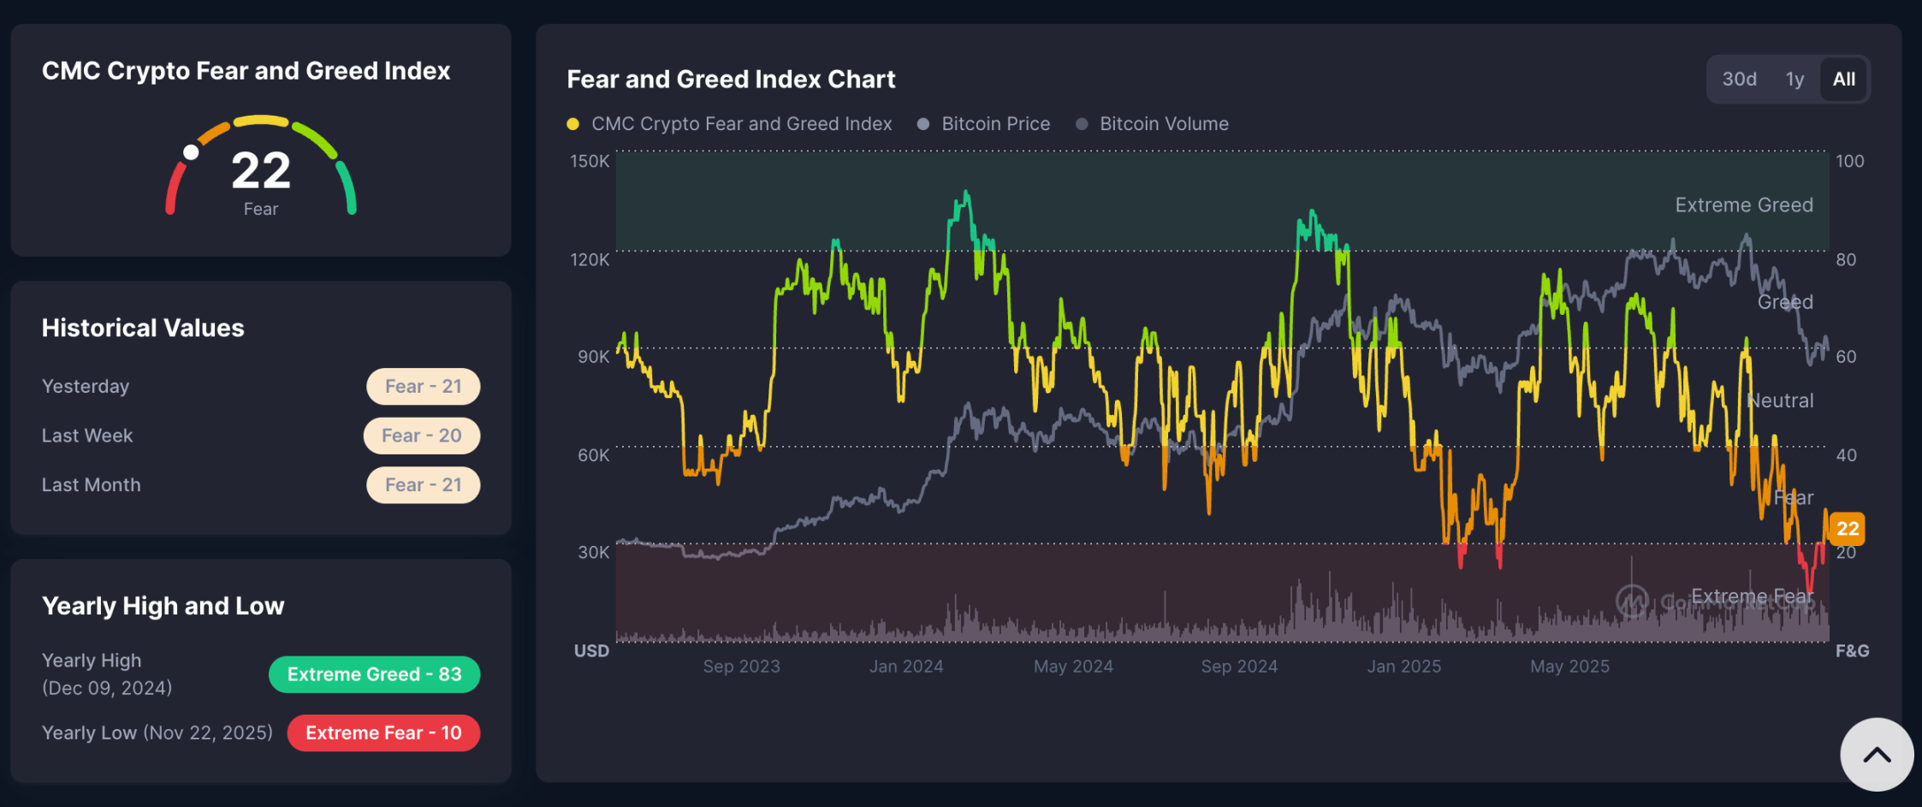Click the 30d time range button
coord(1739,80)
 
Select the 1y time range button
coord(1794,80)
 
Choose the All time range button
coord(1844,80)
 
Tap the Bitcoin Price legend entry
coord(995,124)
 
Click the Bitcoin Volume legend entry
coord(1163,124)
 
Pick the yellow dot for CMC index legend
coord(573,124)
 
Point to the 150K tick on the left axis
coord(590,161)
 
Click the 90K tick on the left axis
coord(593,357)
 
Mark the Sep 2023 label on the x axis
coord(741,667)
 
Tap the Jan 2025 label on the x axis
coord(1403,667)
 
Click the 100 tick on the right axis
coord(1849,161)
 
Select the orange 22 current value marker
coord(1848,529)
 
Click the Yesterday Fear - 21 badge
coord(423,387)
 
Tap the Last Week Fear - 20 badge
coord(421,436)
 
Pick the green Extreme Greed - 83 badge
coord(374,674)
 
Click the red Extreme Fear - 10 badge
coord(383,733)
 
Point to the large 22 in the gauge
coord(261,170)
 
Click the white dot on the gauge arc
coord(191,152)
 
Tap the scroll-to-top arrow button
coord(1877,755)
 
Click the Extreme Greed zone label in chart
coord(1743,205)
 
